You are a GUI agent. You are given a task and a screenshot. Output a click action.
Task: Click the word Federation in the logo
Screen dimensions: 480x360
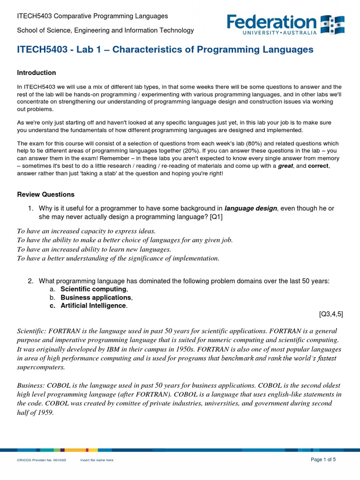[x=272, y=22]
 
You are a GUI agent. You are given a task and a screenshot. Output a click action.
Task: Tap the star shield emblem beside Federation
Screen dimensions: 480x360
[x=332, y=25]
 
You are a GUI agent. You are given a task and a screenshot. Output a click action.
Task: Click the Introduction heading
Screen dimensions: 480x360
[x=37, y=73]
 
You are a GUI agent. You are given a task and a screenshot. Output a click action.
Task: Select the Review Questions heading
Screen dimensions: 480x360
[x=45, y=195]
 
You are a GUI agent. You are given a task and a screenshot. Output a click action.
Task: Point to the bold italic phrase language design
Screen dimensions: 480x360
[x=250, y=208]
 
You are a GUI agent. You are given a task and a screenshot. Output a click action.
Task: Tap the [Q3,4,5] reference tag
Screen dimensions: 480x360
[x=331, y=314]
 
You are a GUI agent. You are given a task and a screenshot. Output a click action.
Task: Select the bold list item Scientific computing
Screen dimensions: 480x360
[x=93, y=289]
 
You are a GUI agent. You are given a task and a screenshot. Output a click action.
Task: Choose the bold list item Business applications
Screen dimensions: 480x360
[x=96, y=298]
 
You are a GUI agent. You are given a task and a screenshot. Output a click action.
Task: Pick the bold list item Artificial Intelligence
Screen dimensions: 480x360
[x=93, y=306]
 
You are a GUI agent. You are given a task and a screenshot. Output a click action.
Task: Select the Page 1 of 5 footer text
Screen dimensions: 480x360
[x=323, y=459]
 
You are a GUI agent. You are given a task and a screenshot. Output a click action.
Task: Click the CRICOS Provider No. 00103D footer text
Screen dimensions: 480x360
[x=42, y=460]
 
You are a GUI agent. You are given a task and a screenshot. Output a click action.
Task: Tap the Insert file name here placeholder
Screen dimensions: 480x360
[x=97, y=460]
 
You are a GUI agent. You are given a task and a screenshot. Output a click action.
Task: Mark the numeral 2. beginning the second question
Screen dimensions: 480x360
[x=30, y=281]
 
